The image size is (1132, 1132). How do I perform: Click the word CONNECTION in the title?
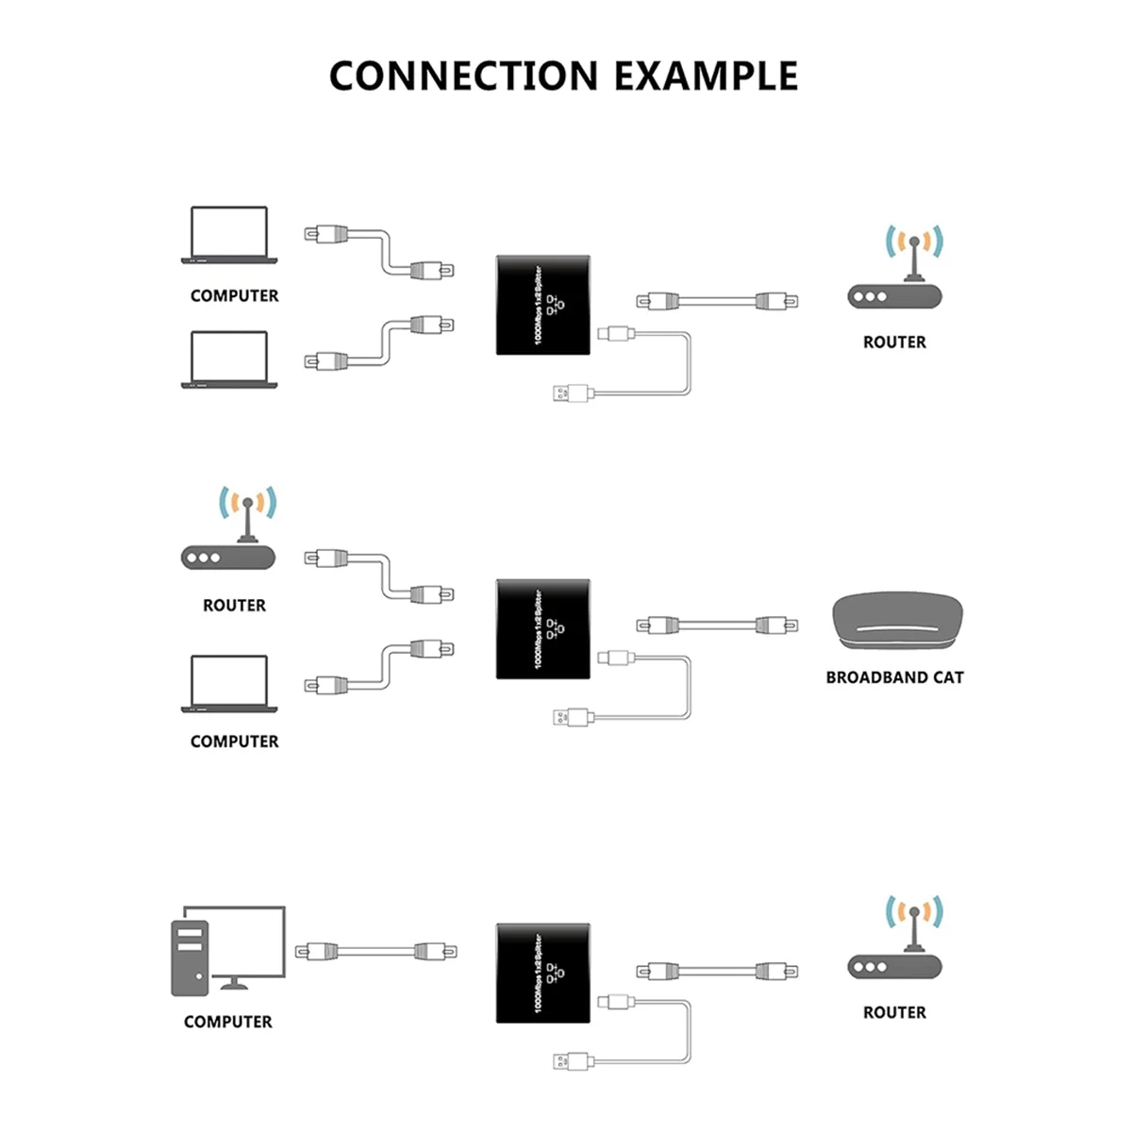click(463, 76)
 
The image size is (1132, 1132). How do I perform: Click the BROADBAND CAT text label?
click(894, 677)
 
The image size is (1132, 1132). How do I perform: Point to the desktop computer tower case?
click(190, 958)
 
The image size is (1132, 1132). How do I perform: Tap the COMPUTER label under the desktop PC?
click(228, 1022)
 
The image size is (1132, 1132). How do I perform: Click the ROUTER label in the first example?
click(894, 342)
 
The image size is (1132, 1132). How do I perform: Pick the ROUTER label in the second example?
click(234, 606)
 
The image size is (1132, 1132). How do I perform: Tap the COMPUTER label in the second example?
click(234, 741)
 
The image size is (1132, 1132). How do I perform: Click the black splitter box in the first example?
click(543, 305)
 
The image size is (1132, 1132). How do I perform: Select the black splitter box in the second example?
click(543, 629)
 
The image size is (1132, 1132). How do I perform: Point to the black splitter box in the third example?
click(543, 974)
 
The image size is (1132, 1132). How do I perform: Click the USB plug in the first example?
click(571, 391)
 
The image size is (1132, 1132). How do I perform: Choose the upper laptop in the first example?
click(229, 235)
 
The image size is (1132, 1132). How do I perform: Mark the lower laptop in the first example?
click(229, 359)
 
